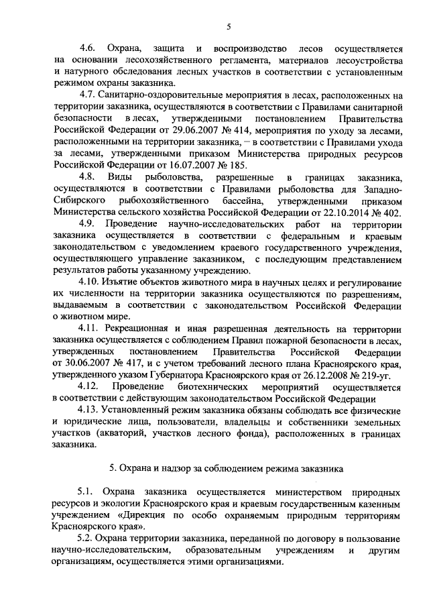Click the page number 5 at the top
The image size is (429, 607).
[x=228, y=26]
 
